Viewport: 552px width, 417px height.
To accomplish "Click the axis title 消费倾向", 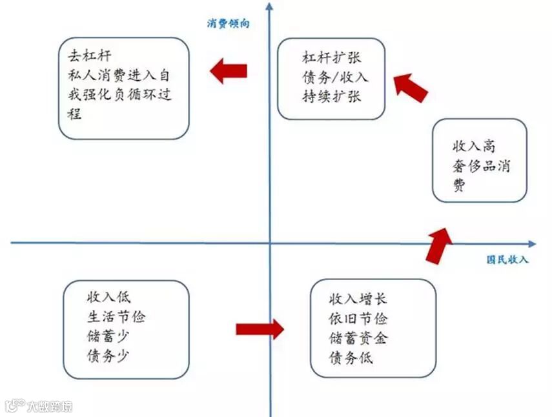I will (228, 24).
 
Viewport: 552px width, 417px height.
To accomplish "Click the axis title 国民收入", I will (507, 259).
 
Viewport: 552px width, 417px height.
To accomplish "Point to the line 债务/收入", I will (335, 77).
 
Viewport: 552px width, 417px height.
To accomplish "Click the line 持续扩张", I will (332, 97).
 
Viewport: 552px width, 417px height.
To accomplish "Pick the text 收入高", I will (475, 146).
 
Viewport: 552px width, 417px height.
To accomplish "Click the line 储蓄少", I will (107, 336).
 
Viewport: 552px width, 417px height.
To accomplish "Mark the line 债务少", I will (107, 355).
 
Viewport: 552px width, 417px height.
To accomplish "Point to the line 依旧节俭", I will (358, 318).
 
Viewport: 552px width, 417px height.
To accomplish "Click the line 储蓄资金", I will (358, 338).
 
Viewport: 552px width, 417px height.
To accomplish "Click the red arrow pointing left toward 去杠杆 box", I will (229, 70).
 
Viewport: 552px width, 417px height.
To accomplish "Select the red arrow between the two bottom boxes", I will (260, 329).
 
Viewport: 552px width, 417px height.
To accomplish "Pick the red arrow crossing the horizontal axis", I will (438, 245).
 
